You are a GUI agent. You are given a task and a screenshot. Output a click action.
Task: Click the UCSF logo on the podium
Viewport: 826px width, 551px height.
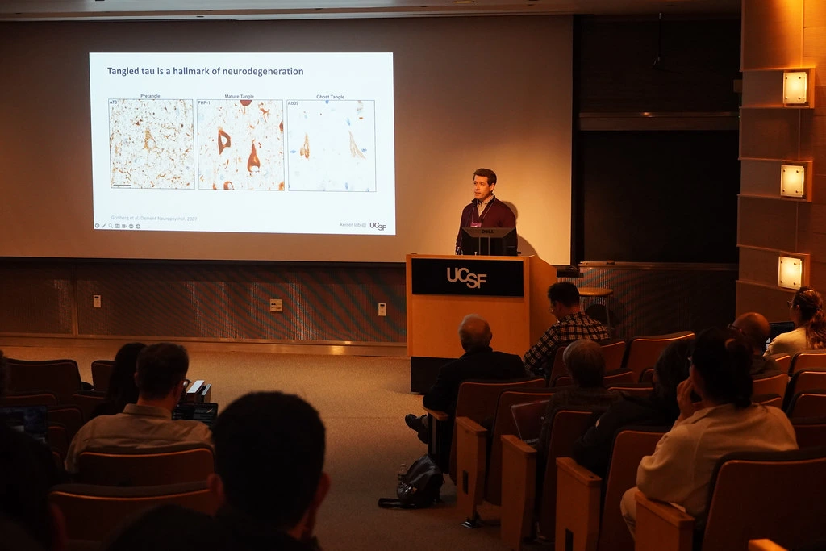[x=467, y=278]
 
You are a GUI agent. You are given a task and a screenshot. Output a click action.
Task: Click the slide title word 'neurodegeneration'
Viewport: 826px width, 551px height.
[x=267, y=71]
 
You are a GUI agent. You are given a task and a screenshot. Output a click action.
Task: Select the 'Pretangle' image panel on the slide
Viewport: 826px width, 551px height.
[x=151, y=144]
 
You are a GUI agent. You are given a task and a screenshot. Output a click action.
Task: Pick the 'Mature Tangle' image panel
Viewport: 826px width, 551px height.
[x=240, y=145]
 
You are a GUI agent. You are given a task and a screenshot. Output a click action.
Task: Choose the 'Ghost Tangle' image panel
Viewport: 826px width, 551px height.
[x=331, y=145]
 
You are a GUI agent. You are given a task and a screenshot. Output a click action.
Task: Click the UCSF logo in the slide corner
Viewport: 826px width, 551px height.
[x=378, y=227]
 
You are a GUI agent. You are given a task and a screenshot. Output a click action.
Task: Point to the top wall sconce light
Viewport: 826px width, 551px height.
[x=795, y=88]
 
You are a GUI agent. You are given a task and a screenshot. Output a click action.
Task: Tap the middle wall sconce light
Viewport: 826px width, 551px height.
[x=792, y=181]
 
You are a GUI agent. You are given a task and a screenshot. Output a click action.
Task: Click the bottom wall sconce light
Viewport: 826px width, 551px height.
[x=790, y=272]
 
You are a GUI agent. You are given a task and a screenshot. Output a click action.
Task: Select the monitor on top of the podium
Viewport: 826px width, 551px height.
[x=488, y=240]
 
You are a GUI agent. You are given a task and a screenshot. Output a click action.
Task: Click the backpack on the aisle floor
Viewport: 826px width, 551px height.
[x=419, y=482]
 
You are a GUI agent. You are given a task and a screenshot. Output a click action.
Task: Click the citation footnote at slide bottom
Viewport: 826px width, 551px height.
[x=153, y=218]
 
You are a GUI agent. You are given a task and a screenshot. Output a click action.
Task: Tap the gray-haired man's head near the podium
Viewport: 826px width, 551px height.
[x=475, y=332]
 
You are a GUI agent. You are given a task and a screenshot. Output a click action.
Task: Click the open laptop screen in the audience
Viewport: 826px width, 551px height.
[x=194, y=413]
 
